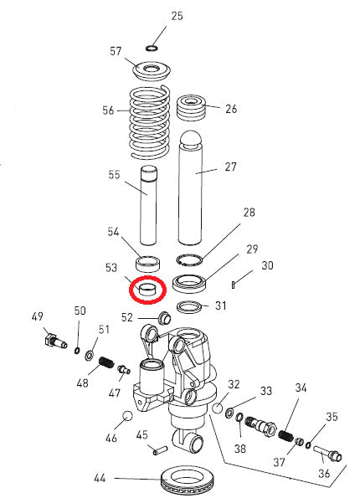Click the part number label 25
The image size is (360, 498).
click(177, 16)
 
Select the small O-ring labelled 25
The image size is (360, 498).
click(152, 48)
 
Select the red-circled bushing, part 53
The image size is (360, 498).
click(147, 290)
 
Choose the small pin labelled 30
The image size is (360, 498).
click(237, 280)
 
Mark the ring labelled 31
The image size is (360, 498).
click(191, 305)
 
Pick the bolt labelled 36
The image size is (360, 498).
click(328, 455)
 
